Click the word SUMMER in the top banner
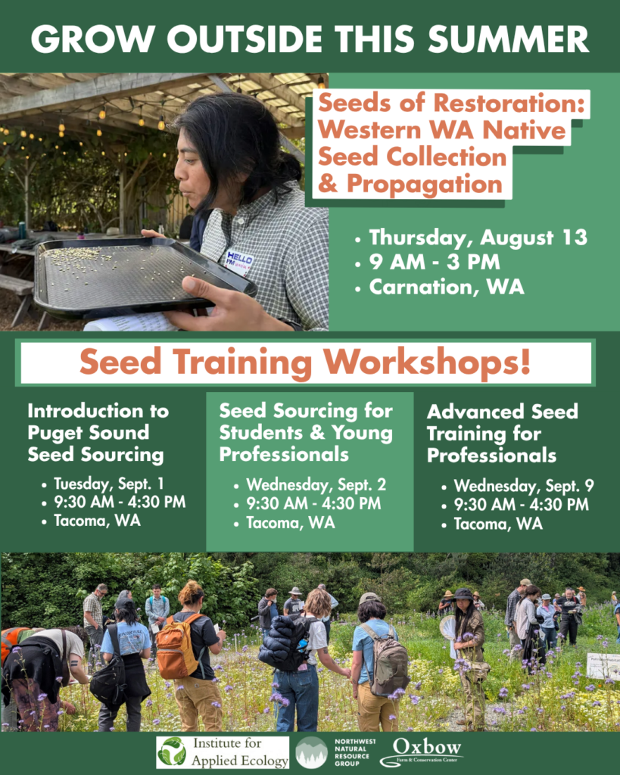point(509,39)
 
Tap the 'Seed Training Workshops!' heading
point(305,363)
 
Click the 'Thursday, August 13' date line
point(478,238)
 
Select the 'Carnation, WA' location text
point(447,287)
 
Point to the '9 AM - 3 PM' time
point(435,262)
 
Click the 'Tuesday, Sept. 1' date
point(109,484)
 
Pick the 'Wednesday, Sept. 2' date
point(316,485)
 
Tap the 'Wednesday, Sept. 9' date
point(524,487)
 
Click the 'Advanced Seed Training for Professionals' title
point(503,434)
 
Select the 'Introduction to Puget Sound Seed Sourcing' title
point(98,433)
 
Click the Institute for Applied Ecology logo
point(223,752)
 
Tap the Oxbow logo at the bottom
point(421,752)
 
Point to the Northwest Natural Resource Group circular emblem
point(311,752)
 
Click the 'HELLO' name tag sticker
point(239,260)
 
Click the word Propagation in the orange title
point(425,184)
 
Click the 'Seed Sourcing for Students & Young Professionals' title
point(306,432)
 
